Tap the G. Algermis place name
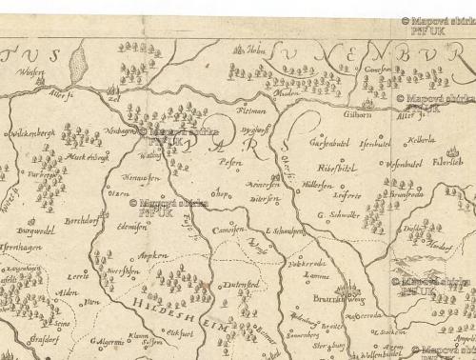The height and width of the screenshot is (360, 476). point(108,340)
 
